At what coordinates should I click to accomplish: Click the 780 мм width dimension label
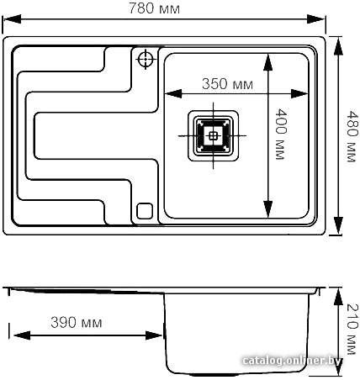click(154, 8)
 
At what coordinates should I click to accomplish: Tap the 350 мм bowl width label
click(227, 84)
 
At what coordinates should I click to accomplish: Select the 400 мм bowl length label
click(281, 135)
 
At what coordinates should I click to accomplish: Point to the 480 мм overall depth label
click(352, 136)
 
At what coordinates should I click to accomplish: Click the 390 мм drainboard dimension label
click(77, 322)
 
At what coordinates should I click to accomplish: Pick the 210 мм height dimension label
click(352, 329)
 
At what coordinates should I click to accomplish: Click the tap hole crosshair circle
click(146, 59)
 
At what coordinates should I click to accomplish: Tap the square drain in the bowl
click(213, 136)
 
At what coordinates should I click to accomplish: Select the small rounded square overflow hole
click(145, 211)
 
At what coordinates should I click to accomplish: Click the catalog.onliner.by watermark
click(292, 361)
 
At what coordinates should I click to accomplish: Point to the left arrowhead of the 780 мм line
click(12, 19)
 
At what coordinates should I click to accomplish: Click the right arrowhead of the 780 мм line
click(316, 19)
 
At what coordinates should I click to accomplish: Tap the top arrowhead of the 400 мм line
click(268, 63)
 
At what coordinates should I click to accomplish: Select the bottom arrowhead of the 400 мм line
click(268, 208)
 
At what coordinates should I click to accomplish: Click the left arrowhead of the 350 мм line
click(173, 93)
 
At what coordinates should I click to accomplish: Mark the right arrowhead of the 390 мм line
click(154, 335)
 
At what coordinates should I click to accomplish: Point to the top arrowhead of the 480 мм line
click(338, 46)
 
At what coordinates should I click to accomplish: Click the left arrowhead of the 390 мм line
click(22, 335)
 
